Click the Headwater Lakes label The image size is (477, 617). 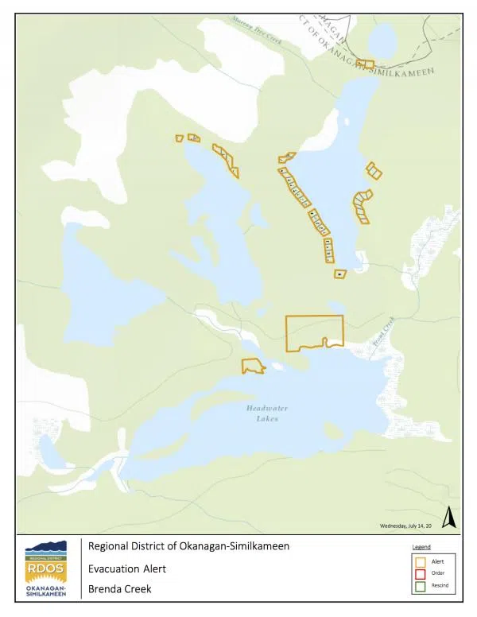point(262,413)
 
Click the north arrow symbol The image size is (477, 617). point(448,518)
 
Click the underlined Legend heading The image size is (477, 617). point(421,547)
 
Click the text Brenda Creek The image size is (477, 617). point(119,589)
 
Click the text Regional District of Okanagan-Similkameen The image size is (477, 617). point(188,546)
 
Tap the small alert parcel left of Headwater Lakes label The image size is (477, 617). point(253,366)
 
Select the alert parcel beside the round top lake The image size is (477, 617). point(365,64)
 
